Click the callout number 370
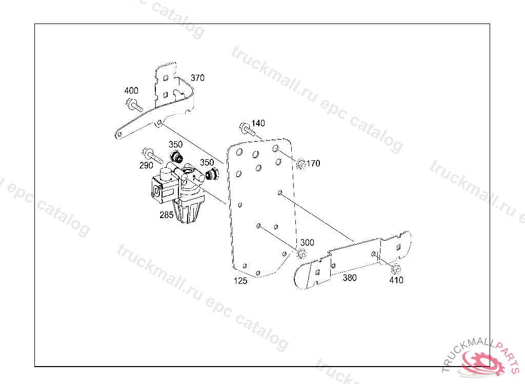[x=197, y=78]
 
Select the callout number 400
[x=131, y=91]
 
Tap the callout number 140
[x=258, y=123]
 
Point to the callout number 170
[x=313, y=163]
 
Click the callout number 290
[x=146, y=165]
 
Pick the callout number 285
[x=167, y=215]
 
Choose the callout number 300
[x=307, y=243]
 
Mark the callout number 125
[x=240, y=281]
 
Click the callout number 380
[x=350, y=278]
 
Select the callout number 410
[x=396, y=280]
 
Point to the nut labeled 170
[x=300, y=164]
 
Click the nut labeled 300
[x=301, y=254]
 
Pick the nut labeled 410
[x=396, y=269]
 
